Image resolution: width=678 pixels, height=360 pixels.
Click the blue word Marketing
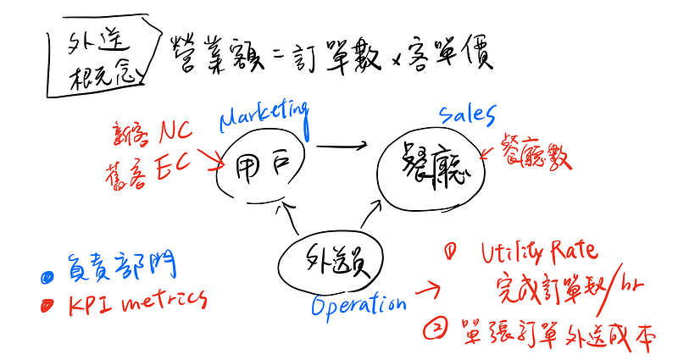point(264,114)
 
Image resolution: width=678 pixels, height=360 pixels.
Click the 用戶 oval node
point(258,164)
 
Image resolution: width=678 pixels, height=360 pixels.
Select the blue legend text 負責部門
point(122,269)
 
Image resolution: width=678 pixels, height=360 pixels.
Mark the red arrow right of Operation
point(426,291)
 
